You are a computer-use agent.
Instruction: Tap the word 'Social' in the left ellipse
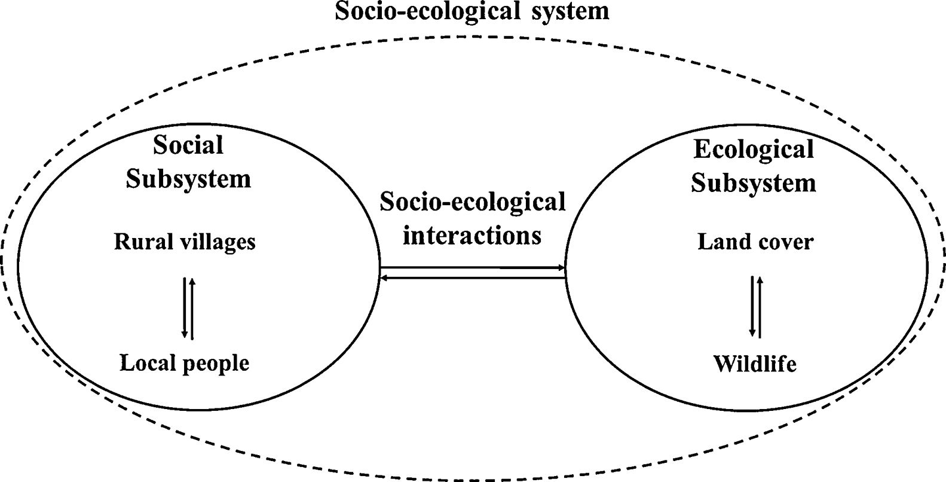[x=188, y=145]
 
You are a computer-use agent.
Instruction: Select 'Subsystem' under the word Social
[x=188, y=179]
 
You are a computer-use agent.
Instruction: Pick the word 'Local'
[x=146, y=362]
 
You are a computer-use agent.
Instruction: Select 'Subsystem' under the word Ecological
[x=754, y=182]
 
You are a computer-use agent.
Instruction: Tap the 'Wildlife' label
[x=755, y=364]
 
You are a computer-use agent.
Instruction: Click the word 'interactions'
[x=472, y=235]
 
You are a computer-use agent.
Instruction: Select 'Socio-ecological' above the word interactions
[x=473, y=202]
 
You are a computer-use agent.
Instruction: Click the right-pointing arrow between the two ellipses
[x=473, y=268]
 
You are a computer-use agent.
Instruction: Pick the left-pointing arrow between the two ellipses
[x=473, y=277]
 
